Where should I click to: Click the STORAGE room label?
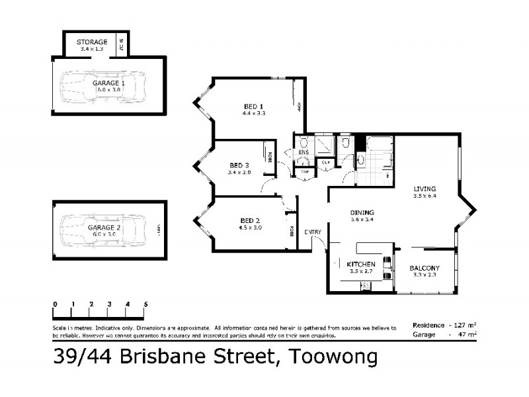pyautogui.click(x=92, y=42)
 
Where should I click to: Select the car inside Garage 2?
pyautogui.click(x=102, y=228)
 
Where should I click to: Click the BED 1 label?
pyautogui.click(x=253, y=106)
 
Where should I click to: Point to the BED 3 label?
pyautogui.click(x=239, y=165)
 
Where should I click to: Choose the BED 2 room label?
pyautogui.click(x=249, y=220)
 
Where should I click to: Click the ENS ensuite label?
pyautogui.click(x=304, y=153)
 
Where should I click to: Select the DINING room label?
pyautogui.click(x=363, y=212)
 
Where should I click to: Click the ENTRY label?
pyautogui.click(x=313, y=232)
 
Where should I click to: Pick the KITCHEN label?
pyautogui.click(x=361, y=264)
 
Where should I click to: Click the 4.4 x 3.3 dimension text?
pyautogui.click(x=253, y=113)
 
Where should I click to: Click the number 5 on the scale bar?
pyautogui.click(x=145, y=304)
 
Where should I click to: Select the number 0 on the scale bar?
pyautogui.click(x=55, y=304)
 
